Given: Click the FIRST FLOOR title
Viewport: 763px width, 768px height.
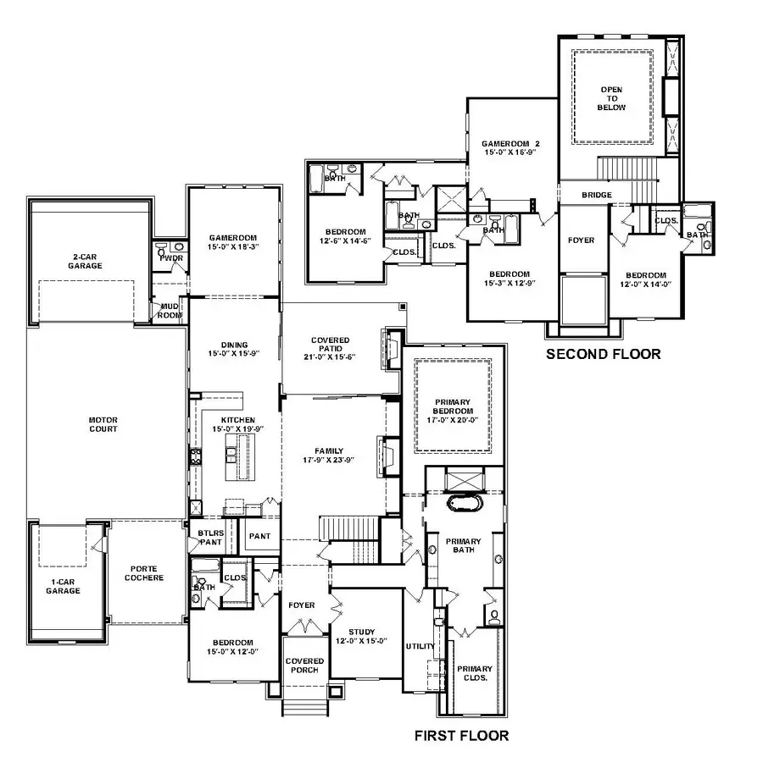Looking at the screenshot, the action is tap(461, 736).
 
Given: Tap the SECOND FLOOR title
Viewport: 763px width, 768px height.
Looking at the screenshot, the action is tap(603, 354).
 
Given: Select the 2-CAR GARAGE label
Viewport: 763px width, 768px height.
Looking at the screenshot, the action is tap(85, 261).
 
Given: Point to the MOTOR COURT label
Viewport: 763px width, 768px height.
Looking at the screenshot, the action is tap(103, 424).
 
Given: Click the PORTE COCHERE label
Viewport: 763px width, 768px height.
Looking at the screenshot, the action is tap(143, 573).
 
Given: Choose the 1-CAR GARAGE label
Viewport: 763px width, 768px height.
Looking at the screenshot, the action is tap(63, 586).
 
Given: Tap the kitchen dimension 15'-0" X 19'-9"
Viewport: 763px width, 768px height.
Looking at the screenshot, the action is tap(238, 429).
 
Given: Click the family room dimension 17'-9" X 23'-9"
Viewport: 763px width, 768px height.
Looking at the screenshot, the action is tap(329, 460).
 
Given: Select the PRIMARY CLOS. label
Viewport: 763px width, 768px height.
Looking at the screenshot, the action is tap(474, 673).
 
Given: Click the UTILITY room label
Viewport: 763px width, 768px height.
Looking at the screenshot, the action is tap(420, 646).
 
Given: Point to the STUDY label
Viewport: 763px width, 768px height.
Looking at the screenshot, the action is tap(361, 632).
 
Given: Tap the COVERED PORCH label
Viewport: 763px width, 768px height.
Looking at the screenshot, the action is tap(304, 666).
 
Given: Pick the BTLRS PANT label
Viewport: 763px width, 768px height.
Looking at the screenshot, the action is tap(211, 538).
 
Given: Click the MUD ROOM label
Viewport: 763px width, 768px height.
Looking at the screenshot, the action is tap(170, 311).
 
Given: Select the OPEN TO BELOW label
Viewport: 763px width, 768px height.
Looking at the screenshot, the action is tap(611, 98).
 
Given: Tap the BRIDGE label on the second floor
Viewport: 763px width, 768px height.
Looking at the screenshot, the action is tap(597, 195).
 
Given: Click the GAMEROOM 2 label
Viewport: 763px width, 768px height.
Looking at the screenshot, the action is tap(510, 143).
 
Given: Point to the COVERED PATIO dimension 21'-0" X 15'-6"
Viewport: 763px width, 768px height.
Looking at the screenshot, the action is tap(330, 357).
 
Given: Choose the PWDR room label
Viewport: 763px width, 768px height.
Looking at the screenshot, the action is tap(171, 258).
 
